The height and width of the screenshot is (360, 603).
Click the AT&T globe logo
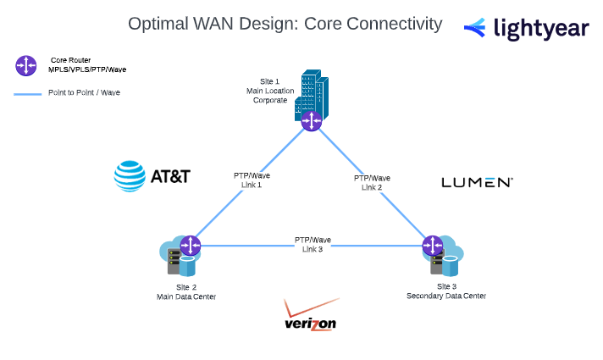tap(129, 176)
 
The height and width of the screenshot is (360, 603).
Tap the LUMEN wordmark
tap(477, 182)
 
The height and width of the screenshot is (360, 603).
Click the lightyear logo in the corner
tap(527, 28)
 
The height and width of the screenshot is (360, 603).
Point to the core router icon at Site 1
tap(312, 120)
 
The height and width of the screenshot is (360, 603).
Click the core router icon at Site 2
tap(191, 246)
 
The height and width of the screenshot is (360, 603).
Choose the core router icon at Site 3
tap(434, 246)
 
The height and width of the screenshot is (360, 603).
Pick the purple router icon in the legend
tap(26, 65)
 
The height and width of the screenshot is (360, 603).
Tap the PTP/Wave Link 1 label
tap(252, 180)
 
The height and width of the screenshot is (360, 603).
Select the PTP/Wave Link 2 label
tap(373, 182)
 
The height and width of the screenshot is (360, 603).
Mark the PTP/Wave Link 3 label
tap(313, 244)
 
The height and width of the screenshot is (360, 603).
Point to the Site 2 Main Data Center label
tap(186, 292)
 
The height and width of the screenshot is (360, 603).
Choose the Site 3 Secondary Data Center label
tap(446, 291)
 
